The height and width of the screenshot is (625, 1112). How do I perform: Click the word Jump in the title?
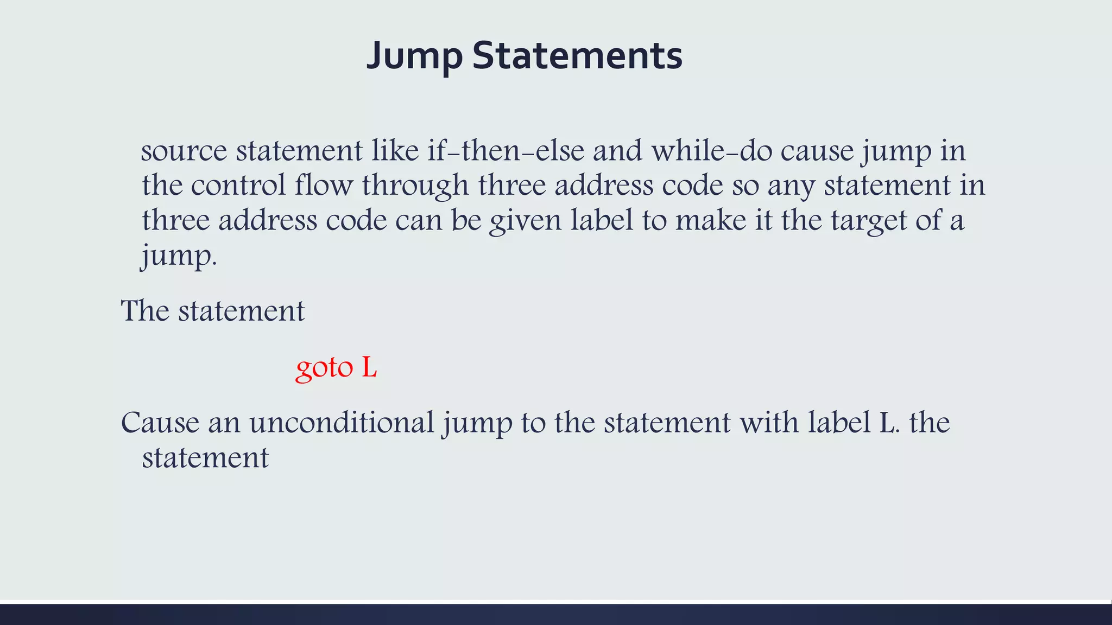click(414, 56)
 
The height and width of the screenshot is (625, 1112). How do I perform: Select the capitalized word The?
click(145, 311)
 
